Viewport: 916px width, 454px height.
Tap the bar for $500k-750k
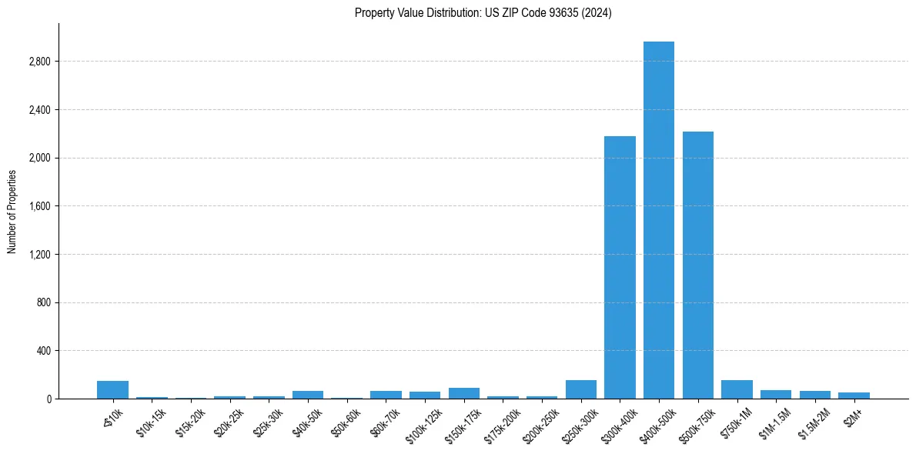click(697, 265)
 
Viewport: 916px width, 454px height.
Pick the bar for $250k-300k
click(580, 389)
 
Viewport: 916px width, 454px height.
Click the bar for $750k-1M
click(737, 389)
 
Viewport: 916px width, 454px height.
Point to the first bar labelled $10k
click(112, 390)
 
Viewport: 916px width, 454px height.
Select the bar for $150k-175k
click(463, 393)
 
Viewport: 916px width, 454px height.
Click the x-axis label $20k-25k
click(229, 422)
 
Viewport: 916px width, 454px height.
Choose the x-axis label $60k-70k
click(385, 422)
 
